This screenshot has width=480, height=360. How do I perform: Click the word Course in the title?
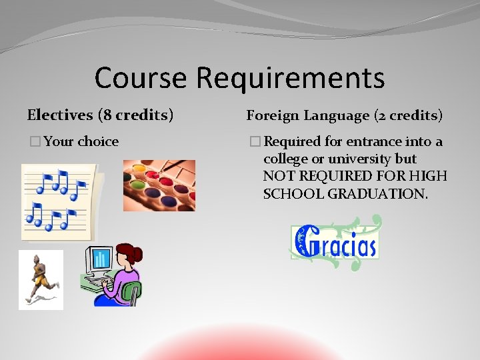141,77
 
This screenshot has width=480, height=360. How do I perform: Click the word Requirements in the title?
290,79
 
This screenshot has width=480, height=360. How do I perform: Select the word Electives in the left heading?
60,115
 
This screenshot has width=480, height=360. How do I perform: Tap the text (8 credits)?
135,115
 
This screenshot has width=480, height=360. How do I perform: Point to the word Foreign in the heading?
273,115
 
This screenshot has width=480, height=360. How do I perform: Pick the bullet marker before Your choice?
34,141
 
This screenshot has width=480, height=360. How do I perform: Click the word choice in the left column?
98,141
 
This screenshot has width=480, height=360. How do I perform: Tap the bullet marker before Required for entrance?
255,141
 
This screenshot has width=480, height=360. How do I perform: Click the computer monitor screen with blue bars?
101,258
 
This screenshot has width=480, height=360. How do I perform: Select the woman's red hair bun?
138,253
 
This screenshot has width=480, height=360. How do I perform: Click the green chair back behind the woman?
133,291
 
